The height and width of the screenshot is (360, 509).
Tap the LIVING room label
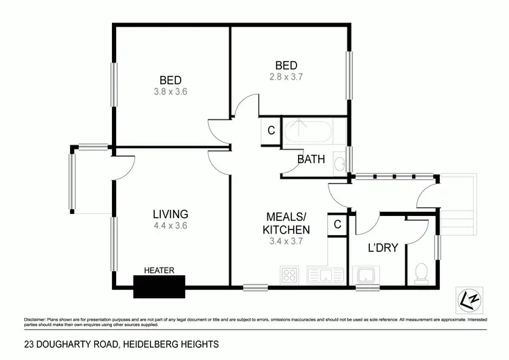click(x=170, y=214)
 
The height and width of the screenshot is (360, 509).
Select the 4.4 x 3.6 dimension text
click(x=170, y=226)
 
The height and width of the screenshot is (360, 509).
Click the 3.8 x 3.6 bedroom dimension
click(x=171, y=89)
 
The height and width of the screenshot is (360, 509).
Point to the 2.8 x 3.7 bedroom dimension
click(x=286, y=77)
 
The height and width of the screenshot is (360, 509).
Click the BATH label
click(x=312, y=160)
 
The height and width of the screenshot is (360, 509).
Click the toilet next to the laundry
click(x=420, y=274)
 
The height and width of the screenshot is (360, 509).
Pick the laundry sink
click(x=367, y=276)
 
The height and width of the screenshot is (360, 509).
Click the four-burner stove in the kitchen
click(x=290, y=276)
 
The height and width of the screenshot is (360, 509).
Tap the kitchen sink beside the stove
click(x=323, y=276)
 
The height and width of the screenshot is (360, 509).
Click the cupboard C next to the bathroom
click(x=271, y=130)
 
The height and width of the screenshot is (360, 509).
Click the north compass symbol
click(x=466, y=298)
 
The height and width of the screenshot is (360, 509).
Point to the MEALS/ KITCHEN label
click(x=286, y=224)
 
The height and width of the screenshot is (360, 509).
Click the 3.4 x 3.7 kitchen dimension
click(x=286, y=241)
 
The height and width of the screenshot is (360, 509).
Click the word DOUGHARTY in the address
click(x=62, y=345)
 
